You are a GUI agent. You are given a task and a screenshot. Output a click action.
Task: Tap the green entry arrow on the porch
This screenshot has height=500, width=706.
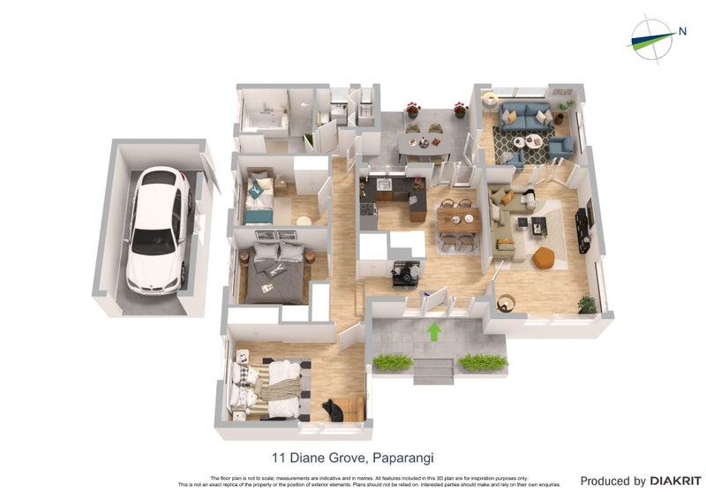point(433,332)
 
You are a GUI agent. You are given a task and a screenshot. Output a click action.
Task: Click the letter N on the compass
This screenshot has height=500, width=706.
point(682,32)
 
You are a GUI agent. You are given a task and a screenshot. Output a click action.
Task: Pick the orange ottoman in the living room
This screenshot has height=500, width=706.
point(544,256)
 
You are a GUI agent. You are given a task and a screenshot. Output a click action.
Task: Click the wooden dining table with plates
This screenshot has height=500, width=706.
point(459,221)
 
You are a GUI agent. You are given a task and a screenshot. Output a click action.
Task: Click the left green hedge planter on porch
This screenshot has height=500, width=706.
point(393,362)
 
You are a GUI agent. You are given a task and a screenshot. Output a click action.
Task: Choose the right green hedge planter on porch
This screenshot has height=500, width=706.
point(484,362)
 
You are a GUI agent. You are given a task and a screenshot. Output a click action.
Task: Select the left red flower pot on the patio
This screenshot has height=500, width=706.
point(412,110)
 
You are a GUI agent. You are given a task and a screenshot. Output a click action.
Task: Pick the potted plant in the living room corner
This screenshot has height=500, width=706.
point(587,304)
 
